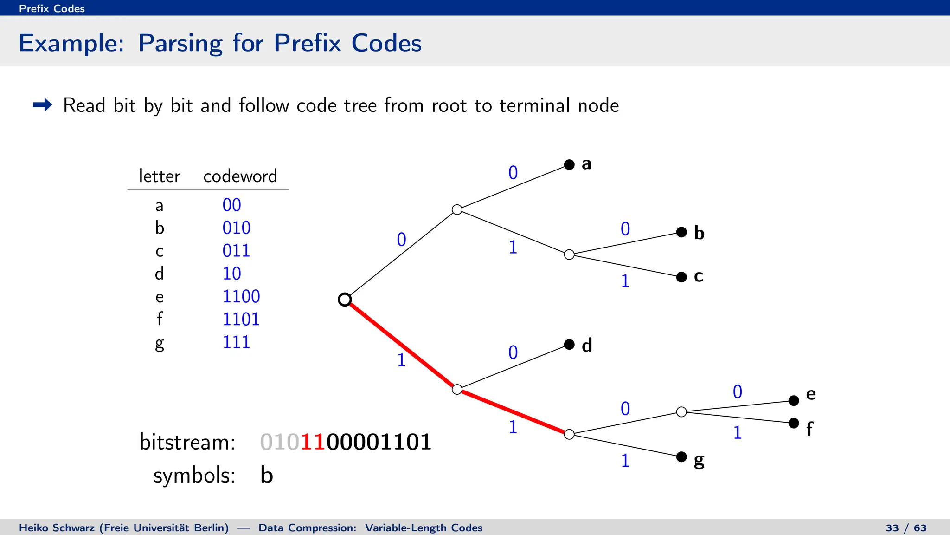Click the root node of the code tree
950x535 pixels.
(x=345, y=300)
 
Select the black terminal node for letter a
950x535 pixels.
(x=569, y=164)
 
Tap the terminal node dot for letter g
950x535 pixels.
(x=681, y=457)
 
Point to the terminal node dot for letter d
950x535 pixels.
(x=569, y=344)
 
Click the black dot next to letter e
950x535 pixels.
(x=794, y=400)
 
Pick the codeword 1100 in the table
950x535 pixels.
(x=241, y=296)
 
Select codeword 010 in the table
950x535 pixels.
(x=236, y=228)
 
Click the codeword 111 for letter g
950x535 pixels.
(x=236, y=342)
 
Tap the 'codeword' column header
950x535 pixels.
(x=240, y=176)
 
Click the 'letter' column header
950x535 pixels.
(x=159, y=176)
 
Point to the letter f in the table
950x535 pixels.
(x=159, y=319)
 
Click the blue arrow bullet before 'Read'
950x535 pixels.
(x=43, y=105)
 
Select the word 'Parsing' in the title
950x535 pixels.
(x=180, y=43)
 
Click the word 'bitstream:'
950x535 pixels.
(x=187, y=442)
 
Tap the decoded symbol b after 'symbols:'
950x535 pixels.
(x=267, y=475)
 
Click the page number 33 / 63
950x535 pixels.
(x=906, y=528)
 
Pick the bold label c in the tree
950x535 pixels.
(x=698, y=276)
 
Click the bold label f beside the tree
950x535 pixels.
(x=809, y=428)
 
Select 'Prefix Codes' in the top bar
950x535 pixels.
(x=52, y=8)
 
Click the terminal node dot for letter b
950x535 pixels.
(x=681, y=232)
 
